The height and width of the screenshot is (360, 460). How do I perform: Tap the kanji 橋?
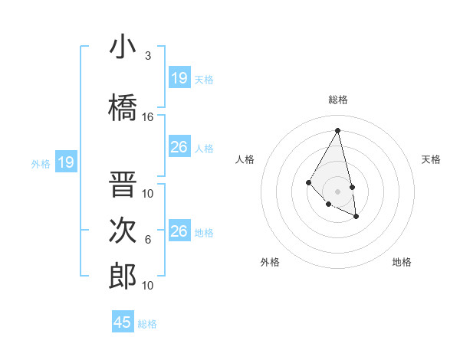[123, 106]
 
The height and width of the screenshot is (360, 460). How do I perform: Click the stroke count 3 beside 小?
[148, 56]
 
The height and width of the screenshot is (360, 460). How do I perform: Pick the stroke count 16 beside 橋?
[148, 117]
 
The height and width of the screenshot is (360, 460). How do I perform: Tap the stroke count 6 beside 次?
[148, 240]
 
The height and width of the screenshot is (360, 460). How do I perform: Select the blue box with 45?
[123, 322]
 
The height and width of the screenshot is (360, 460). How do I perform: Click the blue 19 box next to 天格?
[179, 77]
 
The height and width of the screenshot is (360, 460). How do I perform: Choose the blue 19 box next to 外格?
[66, 162]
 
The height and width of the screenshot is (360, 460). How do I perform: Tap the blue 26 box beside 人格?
[179, 146]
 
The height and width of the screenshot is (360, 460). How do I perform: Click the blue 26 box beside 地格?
[179, 231]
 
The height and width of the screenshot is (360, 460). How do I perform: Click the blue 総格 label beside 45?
[147, 324]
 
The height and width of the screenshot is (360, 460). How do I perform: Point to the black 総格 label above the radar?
[337, 100]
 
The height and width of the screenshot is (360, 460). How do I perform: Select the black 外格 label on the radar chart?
[270, 262]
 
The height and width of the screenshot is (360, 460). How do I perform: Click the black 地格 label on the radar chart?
[402, 262]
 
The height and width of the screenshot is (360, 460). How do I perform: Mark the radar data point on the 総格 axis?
[337, 130]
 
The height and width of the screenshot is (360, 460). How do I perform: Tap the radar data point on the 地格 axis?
[356, 217]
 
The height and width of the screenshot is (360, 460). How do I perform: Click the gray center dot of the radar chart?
[337, 191]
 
